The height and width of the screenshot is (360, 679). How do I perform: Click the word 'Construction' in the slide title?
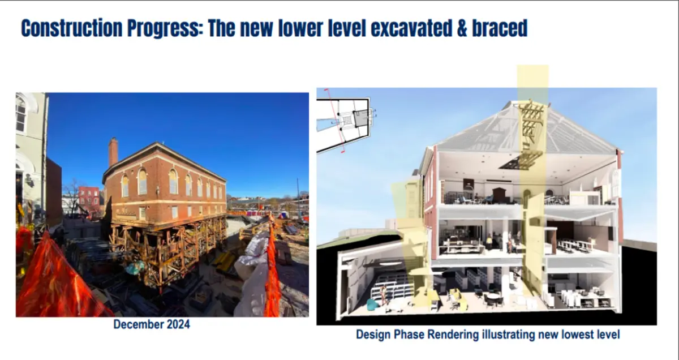click(71, 28)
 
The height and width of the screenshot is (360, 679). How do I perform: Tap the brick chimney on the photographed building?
click(113, 152)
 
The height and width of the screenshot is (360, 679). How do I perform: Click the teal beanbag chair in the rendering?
click(372, 305)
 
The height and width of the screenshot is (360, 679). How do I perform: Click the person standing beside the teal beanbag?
click(384, 295)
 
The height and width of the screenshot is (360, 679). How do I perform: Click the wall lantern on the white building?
click(29, 181)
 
